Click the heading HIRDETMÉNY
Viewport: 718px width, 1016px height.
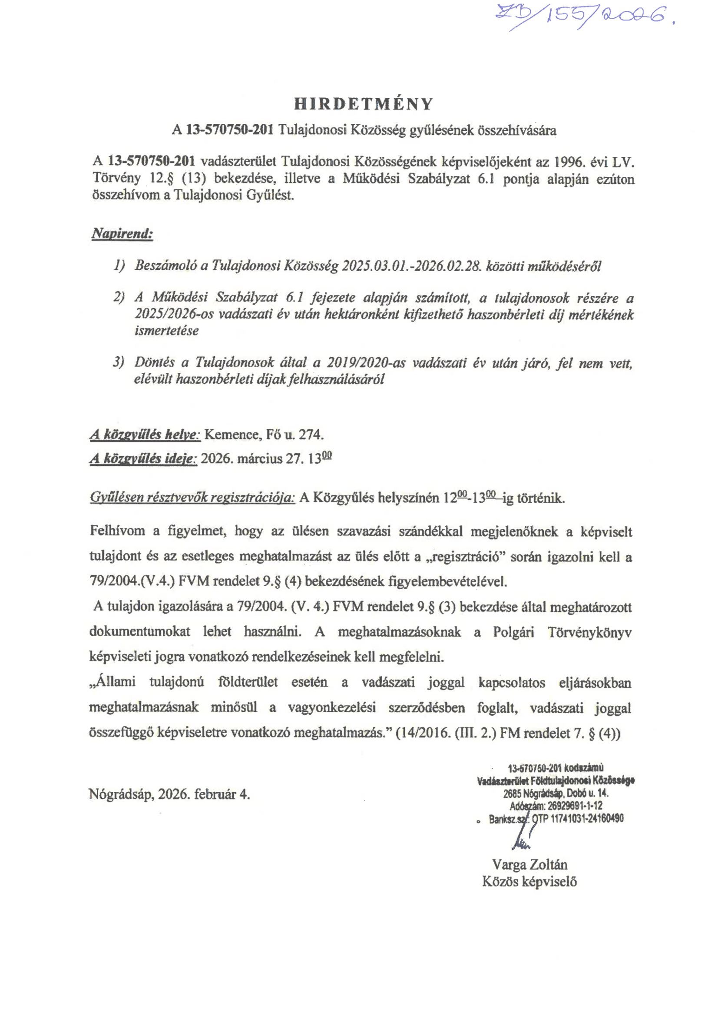click(364, 104)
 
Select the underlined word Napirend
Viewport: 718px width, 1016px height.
click(122, 234)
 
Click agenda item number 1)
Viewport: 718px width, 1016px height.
click(119, 266)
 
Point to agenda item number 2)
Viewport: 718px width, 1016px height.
click(119, 298)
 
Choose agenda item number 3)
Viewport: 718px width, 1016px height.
click(119, 362)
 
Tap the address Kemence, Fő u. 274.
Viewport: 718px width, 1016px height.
click(264, 435)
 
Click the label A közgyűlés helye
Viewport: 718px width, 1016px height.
click(145, 435)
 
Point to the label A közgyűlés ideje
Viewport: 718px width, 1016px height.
click(143, 459)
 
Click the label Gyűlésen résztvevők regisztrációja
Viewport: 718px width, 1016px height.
click(192, 498)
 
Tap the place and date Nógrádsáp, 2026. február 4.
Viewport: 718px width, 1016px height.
click(169, 794)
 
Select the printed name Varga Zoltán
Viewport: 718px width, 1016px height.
click(529, 864)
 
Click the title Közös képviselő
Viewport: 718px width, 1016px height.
click(529, 881)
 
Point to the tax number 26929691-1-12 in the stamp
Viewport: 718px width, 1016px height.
click(575, 806)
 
